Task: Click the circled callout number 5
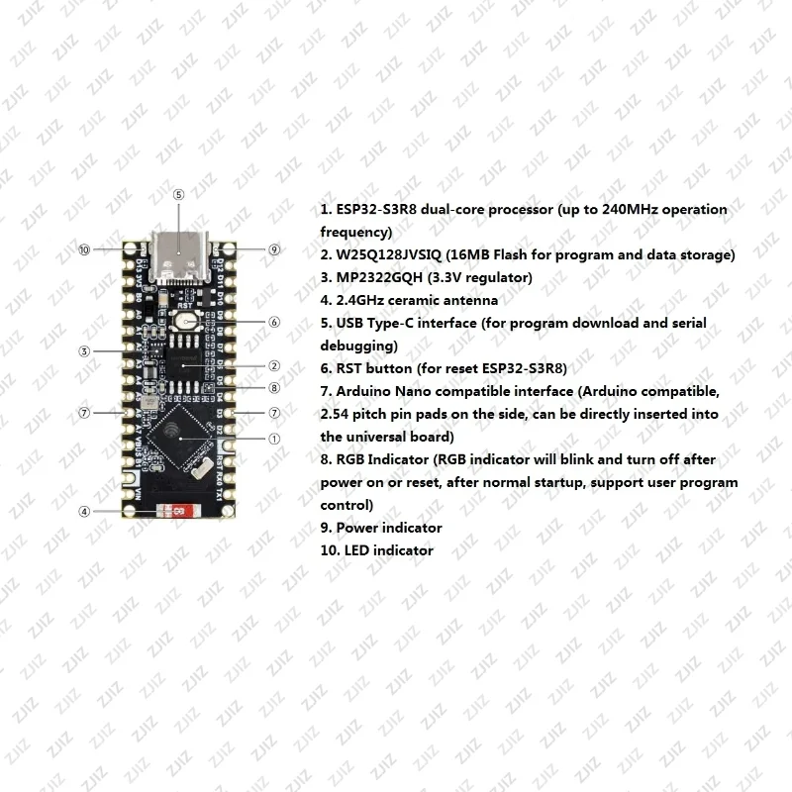tap(178, 195)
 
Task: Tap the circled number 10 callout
tap(85, 249)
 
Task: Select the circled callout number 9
tap(274, 249)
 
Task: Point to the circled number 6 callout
tap(274, 322)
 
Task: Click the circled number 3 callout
tap(85, 351)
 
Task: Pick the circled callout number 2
tap(274, 366)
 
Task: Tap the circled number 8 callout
tap(274, 388)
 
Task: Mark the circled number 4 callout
tap(85, 512)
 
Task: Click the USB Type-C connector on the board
tap(179, 259)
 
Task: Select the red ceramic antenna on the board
tap(173, 511)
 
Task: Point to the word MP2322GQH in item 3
tap(381, 277)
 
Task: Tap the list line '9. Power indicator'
tap(381, 528)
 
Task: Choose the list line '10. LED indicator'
tap(377, 550)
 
